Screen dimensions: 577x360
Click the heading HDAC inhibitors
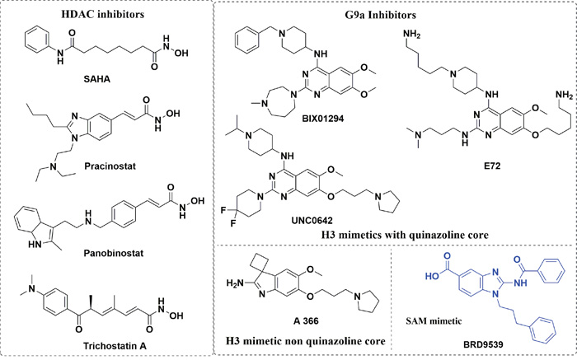coord(103,14)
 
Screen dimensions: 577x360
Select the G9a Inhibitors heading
coord(378,15)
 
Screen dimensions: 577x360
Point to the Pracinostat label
coord(110,166)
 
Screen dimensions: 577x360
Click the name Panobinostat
coord(113,254)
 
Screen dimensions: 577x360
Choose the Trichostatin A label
coord(115,346)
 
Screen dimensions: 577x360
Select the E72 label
coord(492,166)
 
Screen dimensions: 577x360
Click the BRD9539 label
coord(483,345)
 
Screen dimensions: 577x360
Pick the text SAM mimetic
coord(434,321)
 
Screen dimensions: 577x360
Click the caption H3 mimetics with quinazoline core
coord(405,235)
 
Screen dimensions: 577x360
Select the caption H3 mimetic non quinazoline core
coord(306,341)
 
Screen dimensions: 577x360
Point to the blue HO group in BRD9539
coord(433,276)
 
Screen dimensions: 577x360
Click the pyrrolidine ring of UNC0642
coord(385,203)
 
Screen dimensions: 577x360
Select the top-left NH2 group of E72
coord(412,35)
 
